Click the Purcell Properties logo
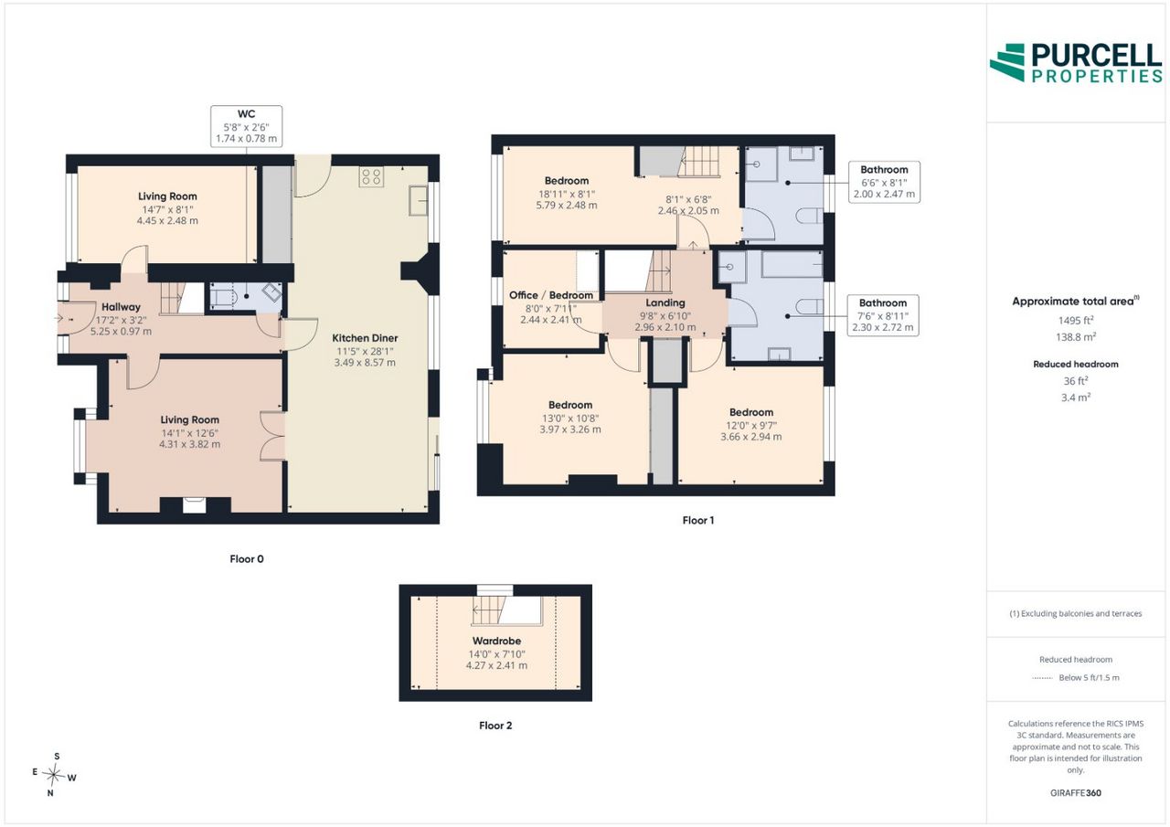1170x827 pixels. tap(1076, 63)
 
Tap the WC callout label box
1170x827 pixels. tap(247, 126)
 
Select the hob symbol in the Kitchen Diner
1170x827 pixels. tap(371, 177)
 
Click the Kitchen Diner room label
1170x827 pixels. tap(365, 338)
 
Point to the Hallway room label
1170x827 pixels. tap(121, 307)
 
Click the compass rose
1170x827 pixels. tap(54, 774)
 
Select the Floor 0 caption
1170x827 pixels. tap(247, 558)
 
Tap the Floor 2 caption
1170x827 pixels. tap(495, 726)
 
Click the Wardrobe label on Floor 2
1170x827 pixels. tap(496, 641)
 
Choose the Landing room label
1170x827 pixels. tap(665, 302)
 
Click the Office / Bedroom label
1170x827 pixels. tap(551, 295)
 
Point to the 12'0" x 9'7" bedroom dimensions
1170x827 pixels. tap(751, 425)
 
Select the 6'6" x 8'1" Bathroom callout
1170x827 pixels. tap(884, 182)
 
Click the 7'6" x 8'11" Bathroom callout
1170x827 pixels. tap(883, 315)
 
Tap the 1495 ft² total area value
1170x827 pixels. tap(1076, 321)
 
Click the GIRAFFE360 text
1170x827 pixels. tap(1076, 792)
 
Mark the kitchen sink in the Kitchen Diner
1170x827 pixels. tap(419, 200)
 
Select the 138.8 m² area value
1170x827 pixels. tap(1076, 337)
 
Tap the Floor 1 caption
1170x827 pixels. tap(697, 520)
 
